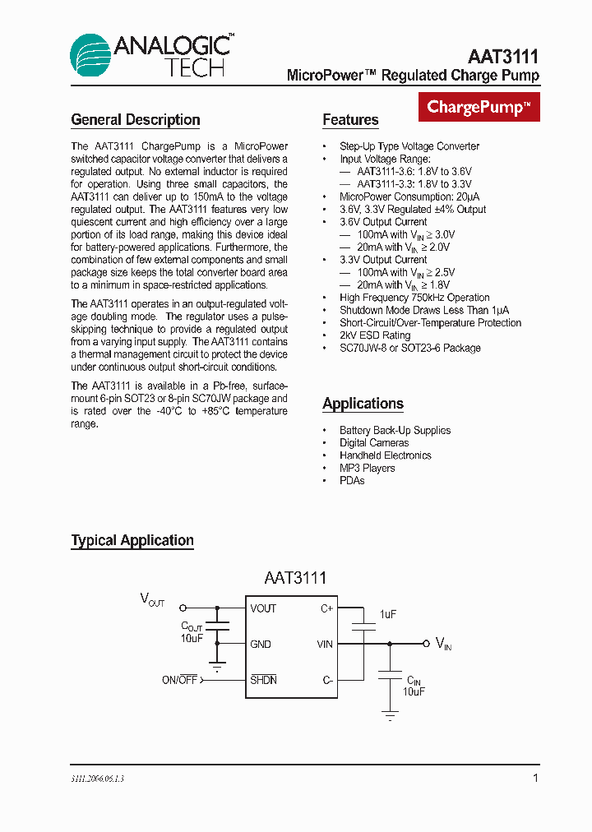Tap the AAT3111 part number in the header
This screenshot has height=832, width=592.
tap(503, 57)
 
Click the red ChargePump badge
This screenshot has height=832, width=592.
tap(479, 107)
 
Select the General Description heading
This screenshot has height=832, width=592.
tap(136, 120)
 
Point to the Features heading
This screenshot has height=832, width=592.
tap(350, 120)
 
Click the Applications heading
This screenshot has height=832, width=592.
tap(363, 404)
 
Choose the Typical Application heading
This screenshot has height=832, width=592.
tap(132, 541)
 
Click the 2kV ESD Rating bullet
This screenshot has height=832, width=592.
tap(375, 335)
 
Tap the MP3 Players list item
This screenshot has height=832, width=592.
tap(367, 468)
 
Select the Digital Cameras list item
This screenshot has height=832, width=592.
tap(374, 443)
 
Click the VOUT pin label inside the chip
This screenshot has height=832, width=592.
tap(263, 609)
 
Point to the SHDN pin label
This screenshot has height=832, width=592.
tap(263, 680)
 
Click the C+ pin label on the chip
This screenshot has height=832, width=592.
tap(326, 609)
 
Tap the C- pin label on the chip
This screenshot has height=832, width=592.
tap(326, 680)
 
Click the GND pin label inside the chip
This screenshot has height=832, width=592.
tap(261, 645)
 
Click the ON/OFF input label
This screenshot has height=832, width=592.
tap(179, 680)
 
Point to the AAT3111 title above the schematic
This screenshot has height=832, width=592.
tap(295, 578)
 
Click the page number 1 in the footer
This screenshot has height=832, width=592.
tap(535, 778)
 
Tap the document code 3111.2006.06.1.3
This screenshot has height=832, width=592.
tap(98, 779)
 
